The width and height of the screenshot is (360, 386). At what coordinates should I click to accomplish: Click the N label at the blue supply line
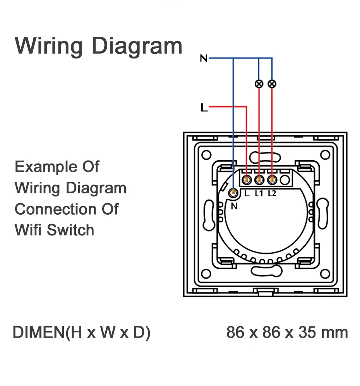point(204,58)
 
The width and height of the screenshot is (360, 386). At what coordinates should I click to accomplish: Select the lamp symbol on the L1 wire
point(259,84)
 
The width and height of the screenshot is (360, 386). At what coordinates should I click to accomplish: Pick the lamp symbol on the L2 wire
point(272,84)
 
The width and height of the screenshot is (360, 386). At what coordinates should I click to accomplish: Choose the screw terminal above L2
point(273,179)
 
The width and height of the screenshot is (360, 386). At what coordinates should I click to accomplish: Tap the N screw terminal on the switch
point(233,193)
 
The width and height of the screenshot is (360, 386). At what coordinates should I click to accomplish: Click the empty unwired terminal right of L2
point(285,179)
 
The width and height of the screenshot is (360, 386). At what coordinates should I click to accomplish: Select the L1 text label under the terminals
point(259,193)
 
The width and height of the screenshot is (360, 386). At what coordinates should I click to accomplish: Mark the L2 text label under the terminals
point(272,193)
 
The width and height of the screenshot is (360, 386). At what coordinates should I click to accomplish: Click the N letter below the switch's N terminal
point(234,206)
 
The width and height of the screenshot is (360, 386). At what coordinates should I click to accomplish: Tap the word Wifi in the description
point(28,230)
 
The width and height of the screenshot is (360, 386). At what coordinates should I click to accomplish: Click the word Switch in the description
point(70,230)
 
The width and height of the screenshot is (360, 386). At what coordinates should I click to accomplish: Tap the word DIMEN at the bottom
point(38,332)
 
